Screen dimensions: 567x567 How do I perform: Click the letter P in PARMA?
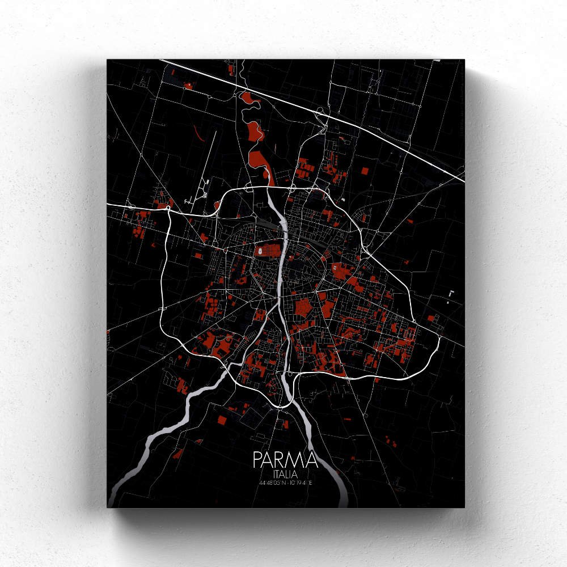(x=259, y=459)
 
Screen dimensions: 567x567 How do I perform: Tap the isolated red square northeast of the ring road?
(x=364, y=171)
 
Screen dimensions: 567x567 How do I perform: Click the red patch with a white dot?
(x=188, y=85)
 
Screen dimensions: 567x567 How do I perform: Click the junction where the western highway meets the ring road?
(x=169, y=210)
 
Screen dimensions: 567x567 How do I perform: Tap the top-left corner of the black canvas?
(x=108, y=59)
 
